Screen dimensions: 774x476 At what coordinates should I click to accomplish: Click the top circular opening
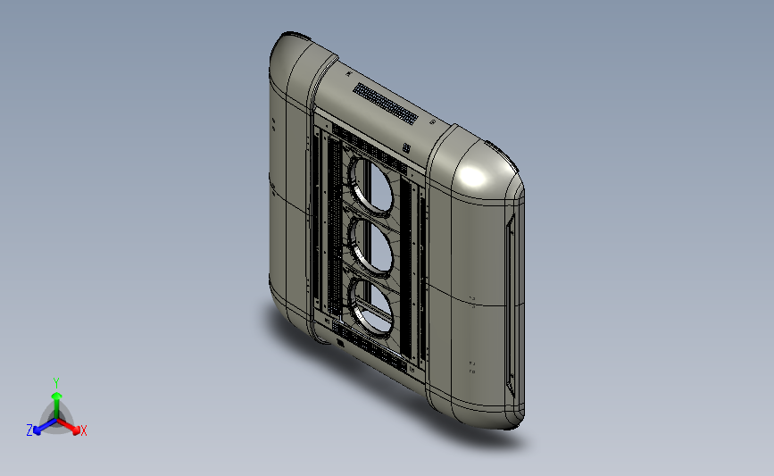click(x=371, y=187)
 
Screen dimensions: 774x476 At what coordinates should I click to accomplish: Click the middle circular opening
click(x=371, y=246)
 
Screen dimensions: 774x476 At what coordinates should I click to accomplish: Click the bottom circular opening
click(x=371, y=305)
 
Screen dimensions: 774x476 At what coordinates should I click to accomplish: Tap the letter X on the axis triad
click(x=83, y=430)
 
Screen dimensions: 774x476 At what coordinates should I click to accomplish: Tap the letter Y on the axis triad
click(x=55, y=383)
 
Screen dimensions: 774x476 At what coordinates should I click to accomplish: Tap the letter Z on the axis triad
click(x=29, y=430)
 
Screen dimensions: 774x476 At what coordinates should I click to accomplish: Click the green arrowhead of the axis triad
click(x=56, y=396)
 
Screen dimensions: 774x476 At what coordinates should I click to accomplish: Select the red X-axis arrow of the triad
click(x=68, y=426)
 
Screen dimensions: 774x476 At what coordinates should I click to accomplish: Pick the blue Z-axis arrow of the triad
click(x=46, y=427)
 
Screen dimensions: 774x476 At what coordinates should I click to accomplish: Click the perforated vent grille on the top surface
click(x=386, y=104)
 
